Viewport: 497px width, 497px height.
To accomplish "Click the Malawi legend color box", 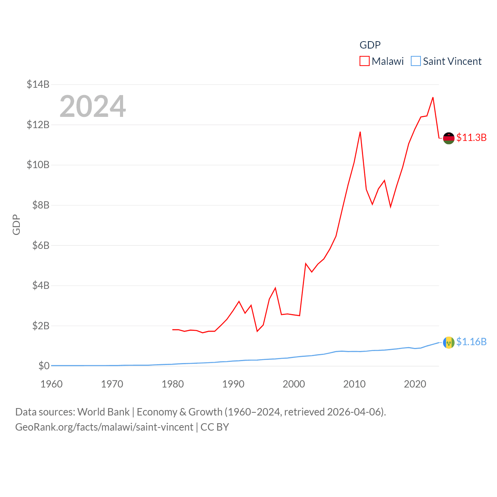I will tap(364, 61).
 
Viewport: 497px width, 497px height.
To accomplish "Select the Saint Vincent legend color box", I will tap(415, 61).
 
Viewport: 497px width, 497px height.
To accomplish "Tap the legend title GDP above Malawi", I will tap(370, 45).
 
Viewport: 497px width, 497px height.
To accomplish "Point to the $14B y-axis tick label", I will tap(38, 84).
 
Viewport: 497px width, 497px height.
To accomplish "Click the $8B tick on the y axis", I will tap(38, 205).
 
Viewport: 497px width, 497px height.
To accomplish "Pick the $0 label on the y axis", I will tap(44, 366).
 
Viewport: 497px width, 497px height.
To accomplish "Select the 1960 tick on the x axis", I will tap(52, 384).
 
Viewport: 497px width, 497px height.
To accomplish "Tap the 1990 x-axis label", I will tap(233, 384).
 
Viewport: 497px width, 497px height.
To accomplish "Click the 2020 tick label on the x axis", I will tap(415, 384).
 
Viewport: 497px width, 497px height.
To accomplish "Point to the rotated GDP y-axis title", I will tap(16, 224).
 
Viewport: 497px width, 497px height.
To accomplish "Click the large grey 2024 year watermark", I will tap(92, 106).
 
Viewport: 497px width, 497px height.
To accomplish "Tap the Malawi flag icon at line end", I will tap(448, 138).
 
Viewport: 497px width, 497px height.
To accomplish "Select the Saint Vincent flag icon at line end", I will tap(448, 342).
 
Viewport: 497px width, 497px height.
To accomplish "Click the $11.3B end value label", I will tap(471, 137).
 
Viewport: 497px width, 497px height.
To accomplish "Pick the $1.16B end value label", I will tap(471, 342).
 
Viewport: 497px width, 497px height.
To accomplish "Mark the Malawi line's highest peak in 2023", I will tap(433, 97).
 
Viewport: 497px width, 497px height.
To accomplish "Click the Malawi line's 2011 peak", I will tap(360, 132).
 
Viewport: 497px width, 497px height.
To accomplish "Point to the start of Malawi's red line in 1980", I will tap(173, 330).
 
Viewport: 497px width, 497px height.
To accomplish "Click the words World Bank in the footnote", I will tap(103, 412).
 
